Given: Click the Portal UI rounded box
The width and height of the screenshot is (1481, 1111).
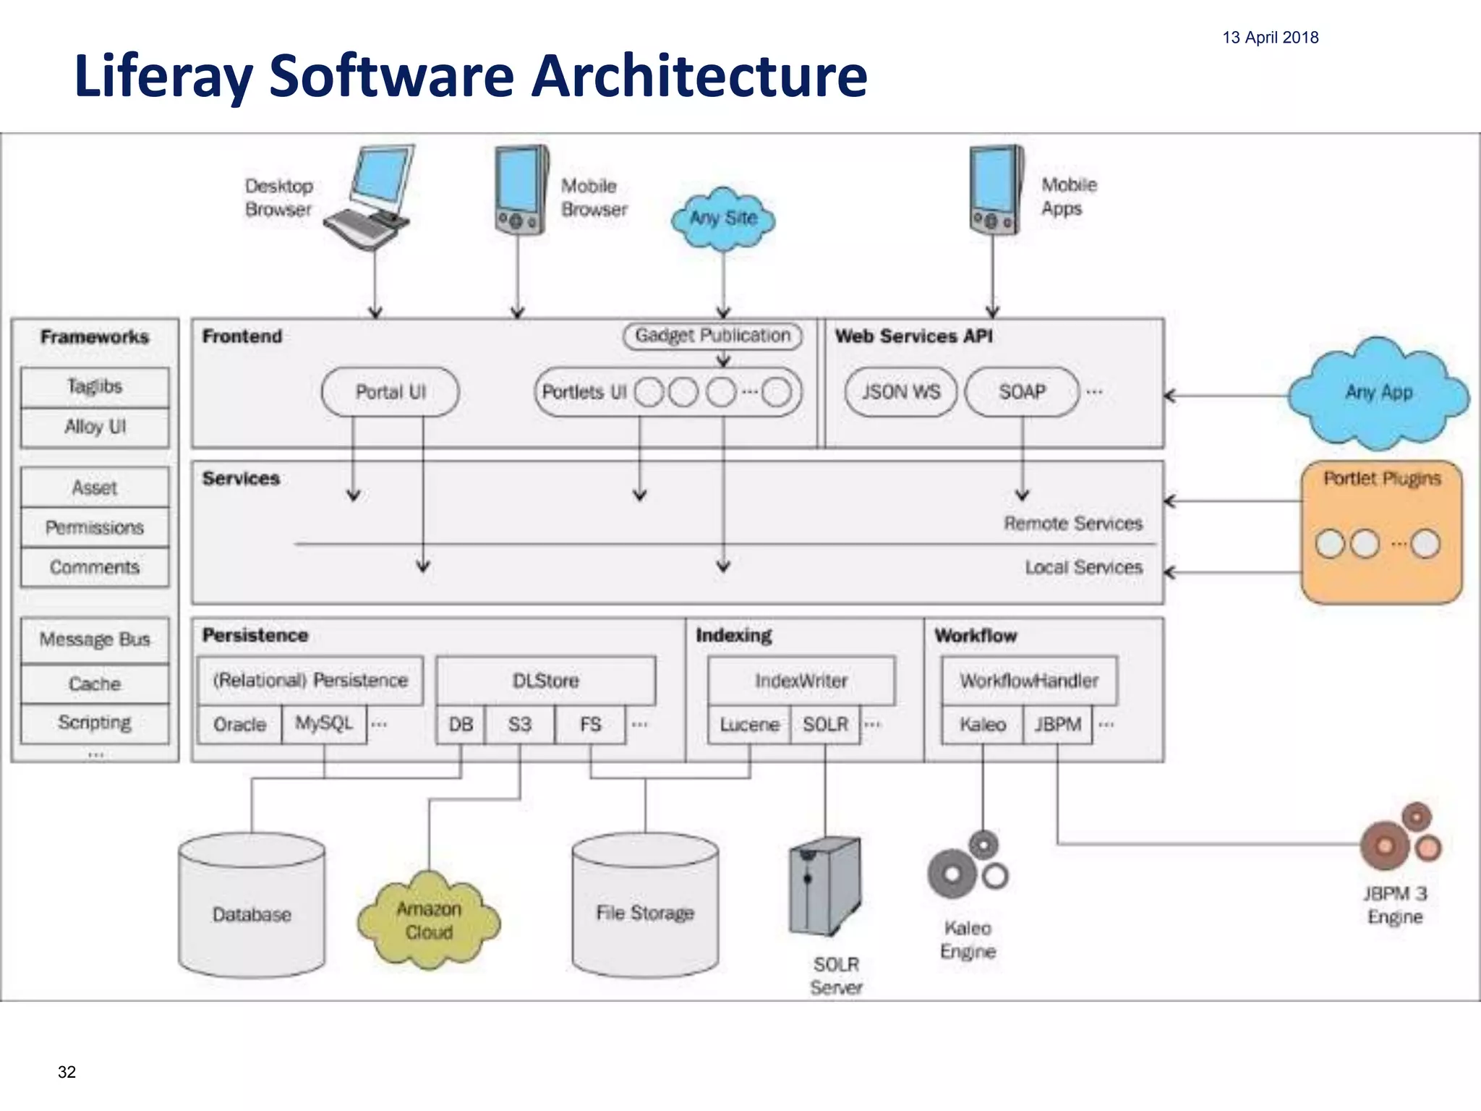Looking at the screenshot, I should point(390,392).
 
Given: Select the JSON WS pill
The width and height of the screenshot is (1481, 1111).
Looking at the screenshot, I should point(900,392).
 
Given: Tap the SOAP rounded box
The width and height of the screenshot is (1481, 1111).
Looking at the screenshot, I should point(1022,392).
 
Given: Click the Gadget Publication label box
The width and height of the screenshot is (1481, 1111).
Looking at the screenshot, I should point(712,336).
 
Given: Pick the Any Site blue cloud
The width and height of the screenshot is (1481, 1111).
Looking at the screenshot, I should point(723,218).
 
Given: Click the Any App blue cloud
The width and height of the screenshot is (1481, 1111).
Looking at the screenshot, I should point(1378,393).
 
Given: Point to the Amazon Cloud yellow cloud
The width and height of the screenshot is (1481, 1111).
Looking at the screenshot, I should point(429,920).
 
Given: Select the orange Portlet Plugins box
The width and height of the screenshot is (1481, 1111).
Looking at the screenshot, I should point(1381,532).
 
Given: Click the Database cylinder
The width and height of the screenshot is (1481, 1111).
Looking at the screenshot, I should point(252,908).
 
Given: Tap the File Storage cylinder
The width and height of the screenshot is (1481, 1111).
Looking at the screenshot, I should point(645,908).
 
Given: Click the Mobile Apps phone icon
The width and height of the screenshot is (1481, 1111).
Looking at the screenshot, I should point(996,190).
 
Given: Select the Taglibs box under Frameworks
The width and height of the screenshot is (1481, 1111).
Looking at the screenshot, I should point(95,387).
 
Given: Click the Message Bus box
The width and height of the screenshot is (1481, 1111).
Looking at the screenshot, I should point(95,639).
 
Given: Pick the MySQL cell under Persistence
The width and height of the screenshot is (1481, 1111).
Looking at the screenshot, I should point(324,724).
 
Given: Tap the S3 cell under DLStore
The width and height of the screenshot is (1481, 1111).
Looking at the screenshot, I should point(519,724).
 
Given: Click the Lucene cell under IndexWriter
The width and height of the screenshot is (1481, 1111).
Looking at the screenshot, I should point(749,724).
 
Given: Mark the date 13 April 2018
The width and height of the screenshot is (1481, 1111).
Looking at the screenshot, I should point(1270,38).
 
